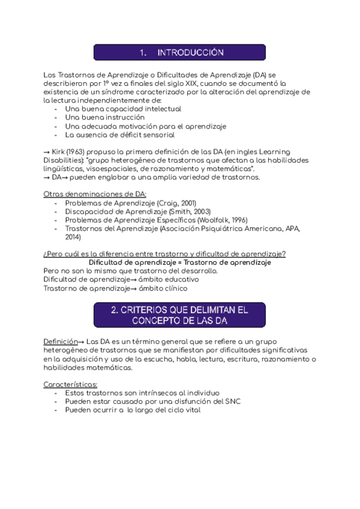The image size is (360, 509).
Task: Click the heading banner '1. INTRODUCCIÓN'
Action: (x=179, y=52)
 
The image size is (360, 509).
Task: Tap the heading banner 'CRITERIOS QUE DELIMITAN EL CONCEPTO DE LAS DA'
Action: (x=179, y=315)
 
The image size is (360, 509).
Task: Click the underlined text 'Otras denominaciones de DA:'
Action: (x=95, y=194)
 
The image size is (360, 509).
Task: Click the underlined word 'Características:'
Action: (x=71, y=384)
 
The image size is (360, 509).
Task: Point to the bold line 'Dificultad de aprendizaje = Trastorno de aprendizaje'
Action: (x=179, y=262)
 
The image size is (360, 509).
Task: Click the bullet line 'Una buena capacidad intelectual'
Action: (x=123, y=109)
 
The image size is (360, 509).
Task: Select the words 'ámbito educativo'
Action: (x=169, y=279)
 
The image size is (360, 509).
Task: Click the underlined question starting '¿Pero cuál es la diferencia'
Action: (x=164, y=254)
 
